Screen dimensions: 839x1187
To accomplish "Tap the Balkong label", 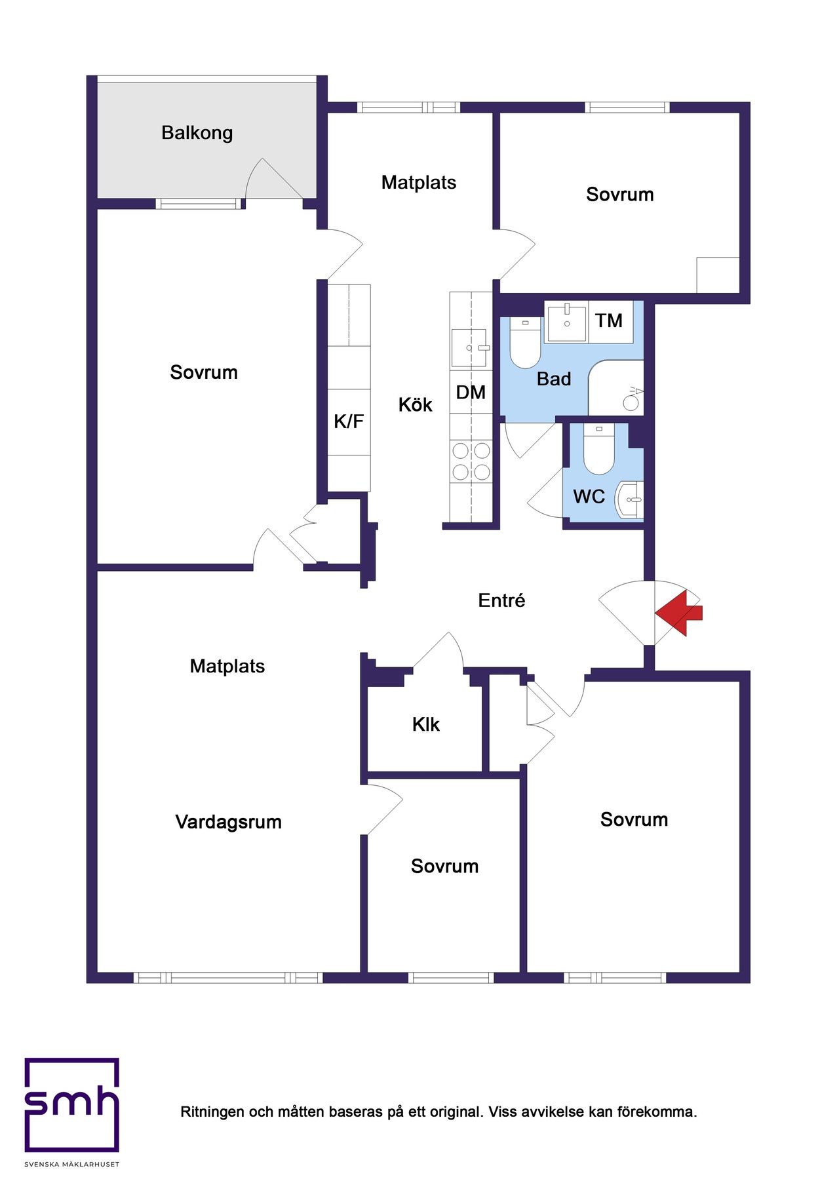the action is point(197,133).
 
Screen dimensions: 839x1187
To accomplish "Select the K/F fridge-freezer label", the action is point(349,421).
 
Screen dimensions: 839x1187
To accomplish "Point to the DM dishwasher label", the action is point(471,393).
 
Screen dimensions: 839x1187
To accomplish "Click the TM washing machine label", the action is point(609,321).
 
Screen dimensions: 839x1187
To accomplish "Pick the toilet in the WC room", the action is point(598,449).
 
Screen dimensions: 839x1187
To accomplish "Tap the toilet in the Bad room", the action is point(525,343).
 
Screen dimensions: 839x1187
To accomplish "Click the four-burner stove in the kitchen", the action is point(471,461).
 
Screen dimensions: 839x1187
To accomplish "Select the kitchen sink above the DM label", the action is point(469,348).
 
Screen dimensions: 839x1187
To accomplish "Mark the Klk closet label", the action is point(426,724).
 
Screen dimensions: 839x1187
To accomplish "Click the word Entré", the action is point(501,600).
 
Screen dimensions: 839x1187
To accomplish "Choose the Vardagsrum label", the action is point(229,822).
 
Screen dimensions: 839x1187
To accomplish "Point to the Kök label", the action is point(416,404).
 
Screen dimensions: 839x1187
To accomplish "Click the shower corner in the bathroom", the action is point(616,387).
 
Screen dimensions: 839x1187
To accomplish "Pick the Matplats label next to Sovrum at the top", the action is point(419,182).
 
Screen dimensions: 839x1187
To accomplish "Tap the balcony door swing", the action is point(274,178).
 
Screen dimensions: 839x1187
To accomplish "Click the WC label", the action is point(589,496).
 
